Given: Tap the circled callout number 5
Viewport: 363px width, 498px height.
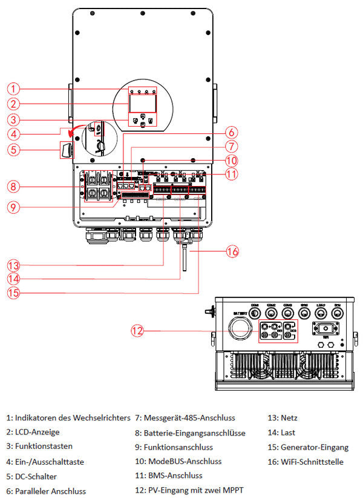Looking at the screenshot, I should pyautogui.click(x=18, y=147).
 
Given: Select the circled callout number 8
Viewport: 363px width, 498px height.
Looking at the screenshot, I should pyautogui.click(x=18, y=185).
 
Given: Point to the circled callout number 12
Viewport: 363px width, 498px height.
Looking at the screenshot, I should pyautogui.click(x=139, y=331).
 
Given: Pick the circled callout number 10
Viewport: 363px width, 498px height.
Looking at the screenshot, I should pyautogui.click(x=233, y=161).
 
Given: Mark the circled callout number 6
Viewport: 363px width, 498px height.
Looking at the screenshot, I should pyautogui.click(x=233, y=131).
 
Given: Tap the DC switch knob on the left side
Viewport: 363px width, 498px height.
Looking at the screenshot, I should pyautogui.click(x=67, y=148).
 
